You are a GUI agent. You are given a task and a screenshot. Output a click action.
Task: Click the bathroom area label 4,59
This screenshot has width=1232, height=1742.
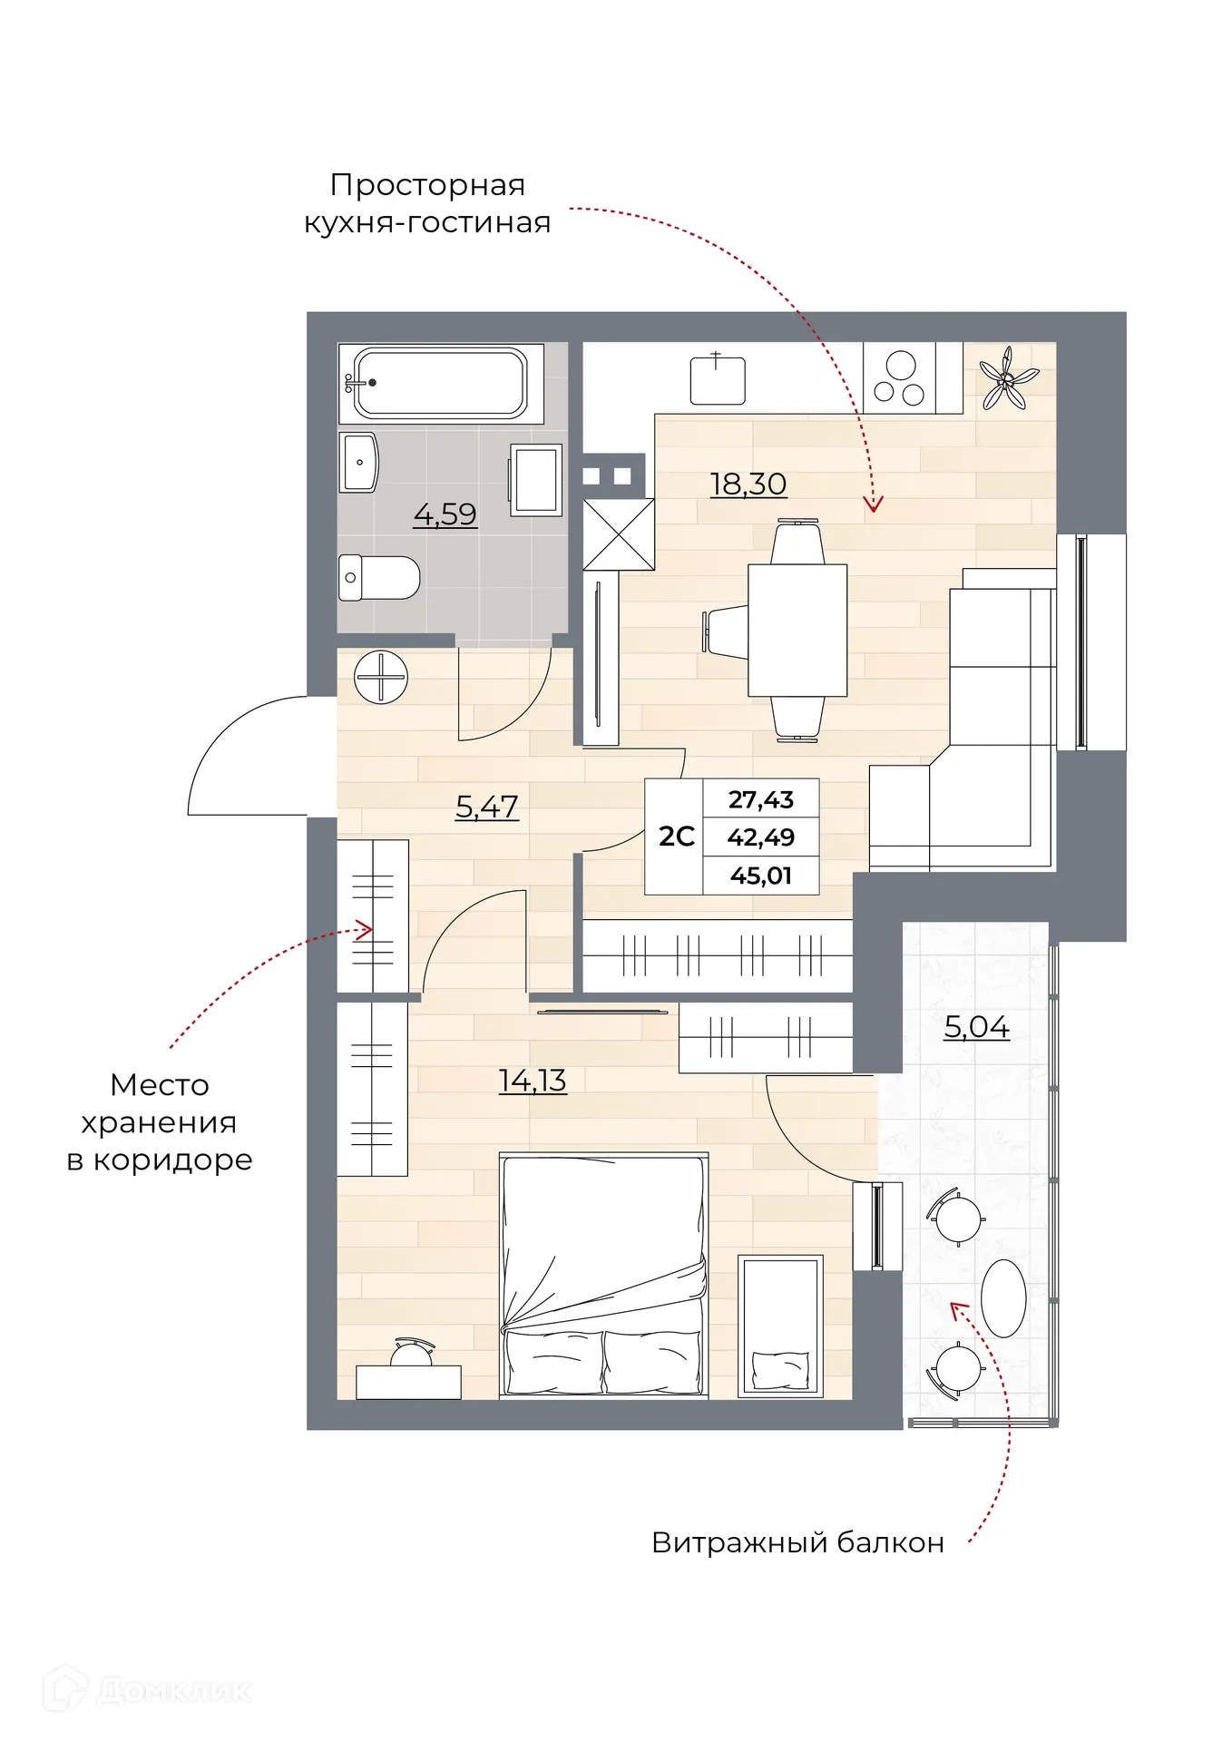(x=445, y=514)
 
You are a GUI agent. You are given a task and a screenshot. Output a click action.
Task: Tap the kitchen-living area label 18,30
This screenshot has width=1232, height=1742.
(x=748, y=484)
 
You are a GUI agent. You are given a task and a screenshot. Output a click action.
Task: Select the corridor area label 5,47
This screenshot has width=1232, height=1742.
(x=486, y=806)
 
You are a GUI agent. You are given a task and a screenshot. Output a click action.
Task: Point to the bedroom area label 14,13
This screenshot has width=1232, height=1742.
(x=533, y=1080)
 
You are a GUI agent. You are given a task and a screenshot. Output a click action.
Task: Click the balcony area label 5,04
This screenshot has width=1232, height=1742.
(x=976, y=1026)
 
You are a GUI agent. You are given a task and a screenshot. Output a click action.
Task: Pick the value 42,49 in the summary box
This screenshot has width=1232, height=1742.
(x=760, y=837)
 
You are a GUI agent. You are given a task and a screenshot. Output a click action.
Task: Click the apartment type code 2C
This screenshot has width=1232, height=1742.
(x=676, y=837)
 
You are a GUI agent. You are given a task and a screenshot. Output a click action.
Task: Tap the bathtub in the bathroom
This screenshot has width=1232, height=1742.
(x=441, y=383)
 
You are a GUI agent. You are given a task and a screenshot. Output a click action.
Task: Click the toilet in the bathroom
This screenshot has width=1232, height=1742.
(x=379, y=577)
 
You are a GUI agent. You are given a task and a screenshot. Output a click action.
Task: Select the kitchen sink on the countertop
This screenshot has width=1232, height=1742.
(x=717, y=380)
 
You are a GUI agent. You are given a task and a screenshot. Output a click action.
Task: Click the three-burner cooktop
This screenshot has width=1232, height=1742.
(x=899, y=378)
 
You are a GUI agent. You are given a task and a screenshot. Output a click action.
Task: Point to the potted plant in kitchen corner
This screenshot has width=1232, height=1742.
(x=1007, y=378)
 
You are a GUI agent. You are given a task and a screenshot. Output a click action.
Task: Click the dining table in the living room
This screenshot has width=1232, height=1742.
(x=797, y=630)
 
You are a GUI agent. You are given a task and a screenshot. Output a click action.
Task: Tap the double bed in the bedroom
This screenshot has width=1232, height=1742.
(x=603, y=1275)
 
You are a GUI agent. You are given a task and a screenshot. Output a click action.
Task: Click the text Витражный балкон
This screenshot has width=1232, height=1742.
(x=797, y=1542)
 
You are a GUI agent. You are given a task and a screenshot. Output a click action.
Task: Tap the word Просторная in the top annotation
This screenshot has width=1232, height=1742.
(x=427, y=185)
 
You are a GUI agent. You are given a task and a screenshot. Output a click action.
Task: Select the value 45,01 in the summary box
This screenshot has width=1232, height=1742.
(x=760, y=876)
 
